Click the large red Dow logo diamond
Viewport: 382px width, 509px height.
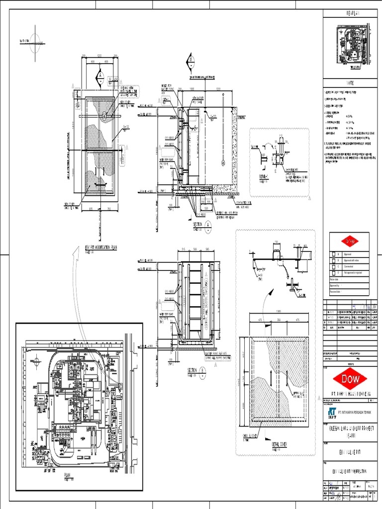[351, 379]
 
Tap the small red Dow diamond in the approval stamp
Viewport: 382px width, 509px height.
[350, 241]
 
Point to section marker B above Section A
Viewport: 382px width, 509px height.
[190, 62]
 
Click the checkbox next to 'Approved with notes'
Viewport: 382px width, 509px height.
[332, 260]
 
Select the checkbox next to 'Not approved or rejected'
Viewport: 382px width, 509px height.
[332, 272]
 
